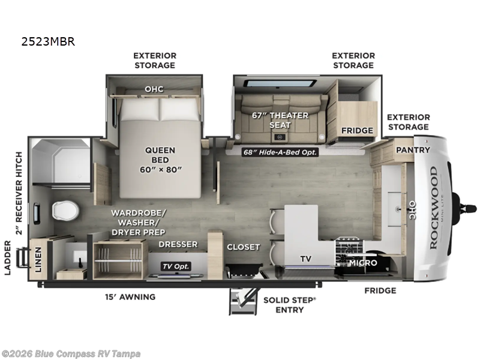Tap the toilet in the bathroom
click(65, 211)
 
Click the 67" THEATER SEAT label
click(280, 120)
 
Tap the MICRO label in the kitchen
click(362, 263)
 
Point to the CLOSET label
click(244, 247)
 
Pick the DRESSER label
click(178, 244)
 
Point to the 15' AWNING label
click(130, 296)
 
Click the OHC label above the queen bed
click(154, 89)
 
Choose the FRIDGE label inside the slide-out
click(357, 131)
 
